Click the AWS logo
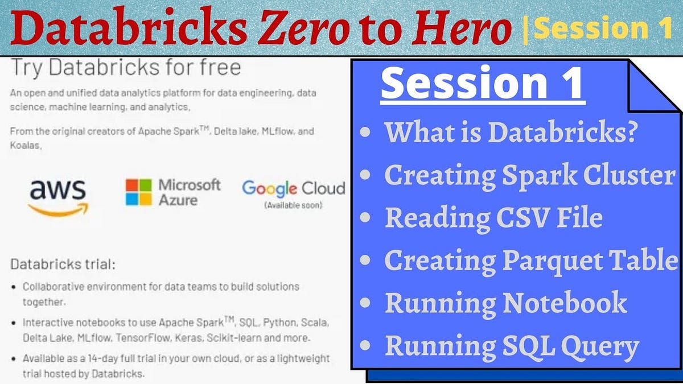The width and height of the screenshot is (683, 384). click(x=57, y=197)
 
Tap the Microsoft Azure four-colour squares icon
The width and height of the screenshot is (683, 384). click(x=139, y=192)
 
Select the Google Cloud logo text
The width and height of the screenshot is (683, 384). click(x=293, y=188)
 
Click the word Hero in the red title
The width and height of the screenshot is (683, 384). click(x=468, y=30)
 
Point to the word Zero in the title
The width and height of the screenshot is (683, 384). click(x=306, y=30)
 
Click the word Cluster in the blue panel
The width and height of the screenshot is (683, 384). click(x=632, y=175)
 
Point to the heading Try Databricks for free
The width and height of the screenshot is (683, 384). click(x=126, y=68)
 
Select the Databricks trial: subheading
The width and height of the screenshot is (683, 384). click(x=63, y=265)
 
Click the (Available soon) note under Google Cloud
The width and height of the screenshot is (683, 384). click(x=293, y=205)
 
